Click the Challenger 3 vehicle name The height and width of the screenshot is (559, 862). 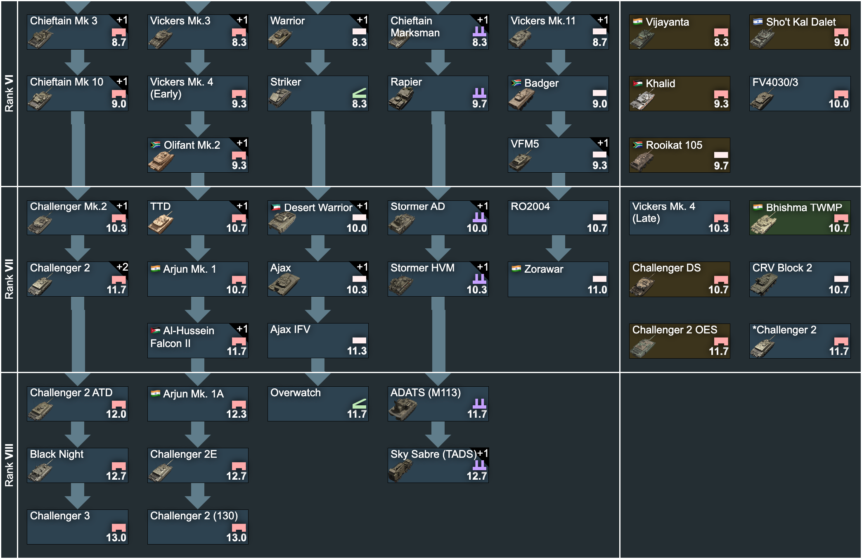pos(60,516)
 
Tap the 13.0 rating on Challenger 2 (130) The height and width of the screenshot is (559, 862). pos(236,538)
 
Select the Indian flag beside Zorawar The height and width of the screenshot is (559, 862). pos(516,269)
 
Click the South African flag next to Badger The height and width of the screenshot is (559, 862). pos(516,83)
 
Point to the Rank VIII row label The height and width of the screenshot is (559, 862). pos(9,465)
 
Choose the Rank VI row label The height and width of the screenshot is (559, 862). pos(9,93)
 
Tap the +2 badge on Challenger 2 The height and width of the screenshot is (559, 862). pos(122,267)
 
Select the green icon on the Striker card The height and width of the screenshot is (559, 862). pos(359,93)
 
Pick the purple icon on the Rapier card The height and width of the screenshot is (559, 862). pos(479,93)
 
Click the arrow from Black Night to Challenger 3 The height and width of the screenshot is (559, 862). pos(78,496)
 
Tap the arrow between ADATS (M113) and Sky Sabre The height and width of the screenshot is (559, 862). pos(438,434)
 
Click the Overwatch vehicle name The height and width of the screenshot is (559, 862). pos(296,392)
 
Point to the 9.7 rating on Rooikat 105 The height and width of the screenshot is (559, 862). pos(721,166)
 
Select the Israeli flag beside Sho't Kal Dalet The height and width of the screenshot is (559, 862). pos(758,21)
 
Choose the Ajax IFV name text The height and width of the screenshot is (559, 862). pos(290,329)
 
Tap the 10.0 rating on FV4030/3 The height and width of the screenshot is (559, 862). pos(838,104)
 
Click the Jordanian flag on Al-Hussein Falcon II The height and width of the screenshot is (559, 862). pos(155,330)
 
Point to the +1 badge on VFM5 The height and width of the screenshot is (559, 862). pos(603,143)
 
